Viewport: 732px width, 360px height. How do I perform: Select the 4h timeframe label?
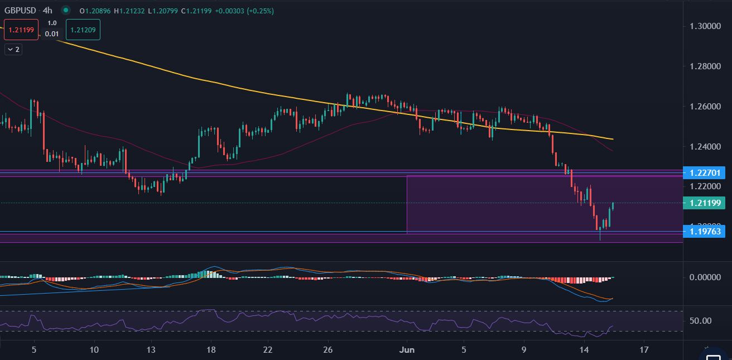point(47,11)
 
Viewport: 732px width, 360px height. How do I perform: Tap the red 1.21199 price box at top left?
point(22,30)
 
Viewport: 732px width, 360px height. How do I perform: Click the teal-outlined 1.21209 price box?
point(83,30)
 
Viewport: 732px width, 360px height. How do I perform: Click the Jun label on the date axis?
point(407,350)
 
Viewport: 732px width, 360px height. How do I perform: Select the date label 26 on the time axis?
point(328,350)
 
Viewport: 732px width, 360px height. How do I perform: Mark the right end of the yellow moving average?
point(613,139)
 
